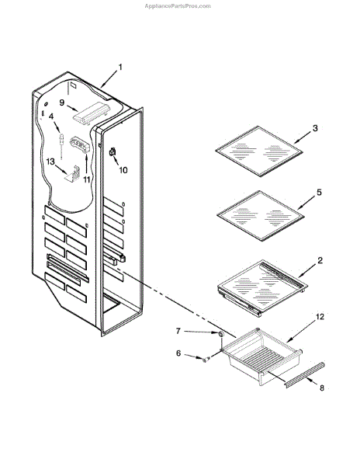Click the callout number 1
(120, 68)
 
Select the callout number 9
(62, 103)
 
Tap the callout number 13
(50, 162)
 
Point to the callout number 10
(123, 170)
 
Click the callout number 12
(320, 317)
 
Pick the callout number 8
(322, 388)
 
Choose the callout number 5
(319, 193)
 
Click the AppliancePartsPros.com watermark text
(178, 6)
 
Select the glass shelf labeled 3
(259, 151)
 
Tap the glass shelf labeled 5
(261, 215)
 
